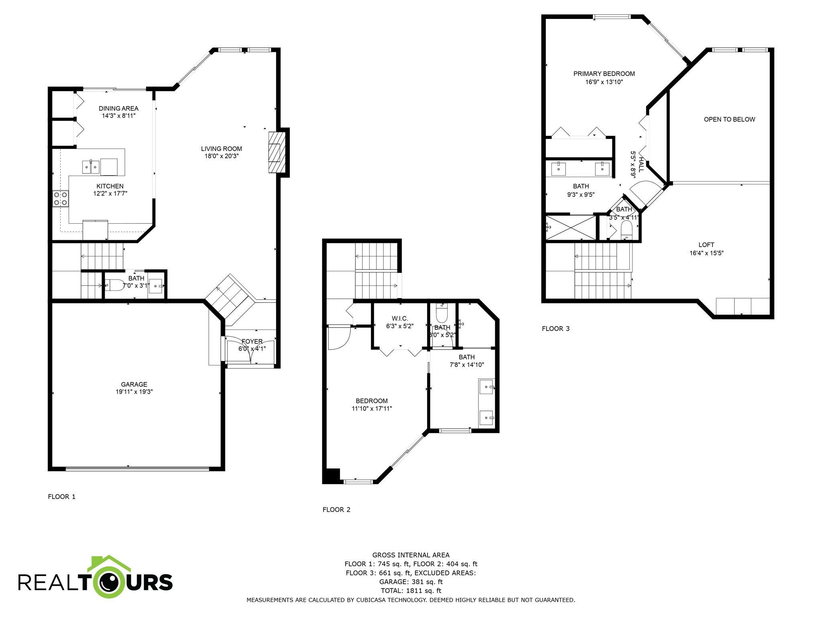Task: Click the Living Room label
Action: click(x=221, y=149)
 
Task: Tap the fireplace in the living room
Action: click(x=275, y=153)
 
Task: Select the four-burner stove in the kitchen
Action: click(x=60, y=198)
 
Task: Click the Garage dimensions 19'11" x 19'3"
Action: click(x=134, y=392)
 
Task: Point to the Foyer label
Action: click(x=252, y=341)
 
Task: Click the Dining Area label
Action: click(x=118, y=108)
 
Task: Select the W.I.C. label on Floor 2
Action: click(x=400, y=319)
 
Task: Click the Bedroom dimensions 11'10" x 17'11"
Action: click(x=372, y=409)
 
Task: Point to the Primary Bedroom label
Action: click(x=604, y=74)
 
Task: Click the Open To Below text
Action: click(x=729, y=119)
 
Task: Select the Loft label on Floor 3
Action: click(x=706, y=245)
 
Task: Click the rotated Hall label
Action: click(x=641, y=164)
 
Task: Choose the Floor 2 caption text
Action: click(x=336, y=509)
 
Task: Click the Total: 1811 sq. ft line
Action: click(x=411, y=590)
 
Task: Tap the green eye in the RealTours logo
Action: click(x=109, y=582)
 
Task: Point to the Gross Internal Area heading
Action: click(x=411, y=555)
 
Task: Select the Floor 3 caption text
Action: click(x=555, y=329)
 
